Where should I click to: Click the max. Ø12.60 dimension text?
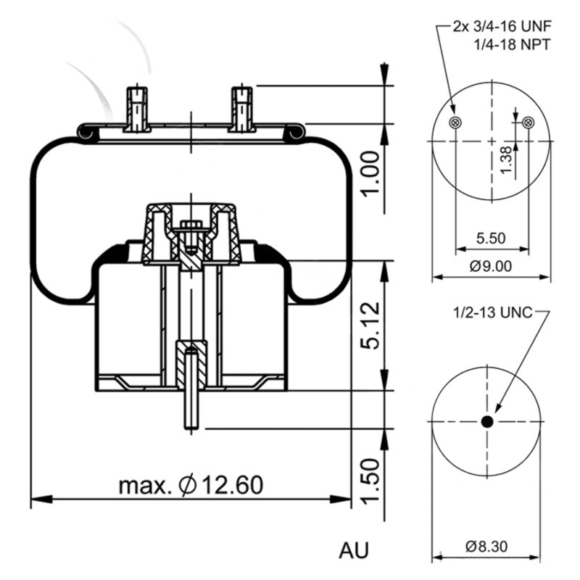pyautogui.click(x=190, y=484)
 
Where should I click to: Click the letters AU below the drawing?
pyautogui.click(x=354, y=550)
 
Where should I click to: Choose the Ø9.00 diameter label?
pyautogui.click(x=490, y=265)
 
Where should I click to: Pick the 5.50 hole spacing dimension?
pyautogui.click(x=490, y=237)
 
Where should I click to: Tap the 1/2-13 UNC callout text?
pyautogui.click(x=492, y=313)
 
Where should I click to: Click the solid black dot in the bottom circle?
pyautogui.click(x=487, y=421)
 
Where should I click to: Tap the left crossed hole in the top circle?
pyautogui.click(x=455, y=122)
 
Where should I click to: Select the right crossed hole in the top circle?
pyautogui.click(x=528, y=122)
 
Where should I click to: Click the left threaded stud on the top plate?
pyautogui.click(x=137, y=109)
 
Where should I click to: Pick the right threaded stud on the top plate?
pyautogui.click(x=241, y=109)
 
